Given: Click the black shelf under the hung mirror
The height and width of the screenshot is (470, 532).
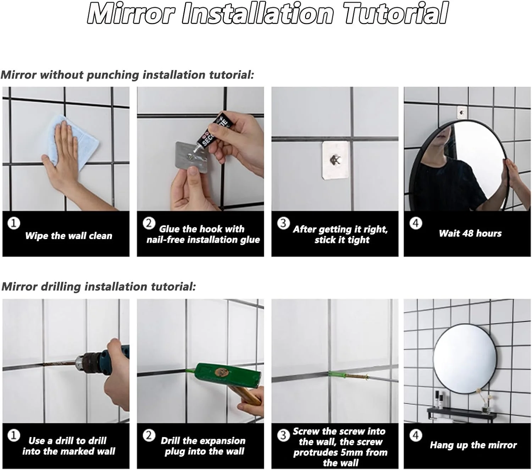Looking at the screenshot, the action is coord(462,413).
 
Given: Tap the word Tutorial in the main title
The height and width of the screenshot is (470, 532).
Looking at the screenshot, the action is coord(396,13).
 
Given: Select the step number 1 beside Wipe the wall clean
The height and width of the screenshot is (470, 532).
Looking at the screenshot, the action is coord(13,223).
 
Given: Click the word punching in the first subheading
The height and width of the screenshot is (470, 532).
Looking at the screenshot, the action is coord(113,75).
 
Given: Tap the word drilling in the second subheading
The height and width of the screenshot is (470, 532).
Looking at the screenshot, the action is coord(61,287).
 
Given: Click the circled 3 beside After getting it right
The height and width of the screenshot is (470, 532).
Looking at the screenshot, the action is coord(283,223).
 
